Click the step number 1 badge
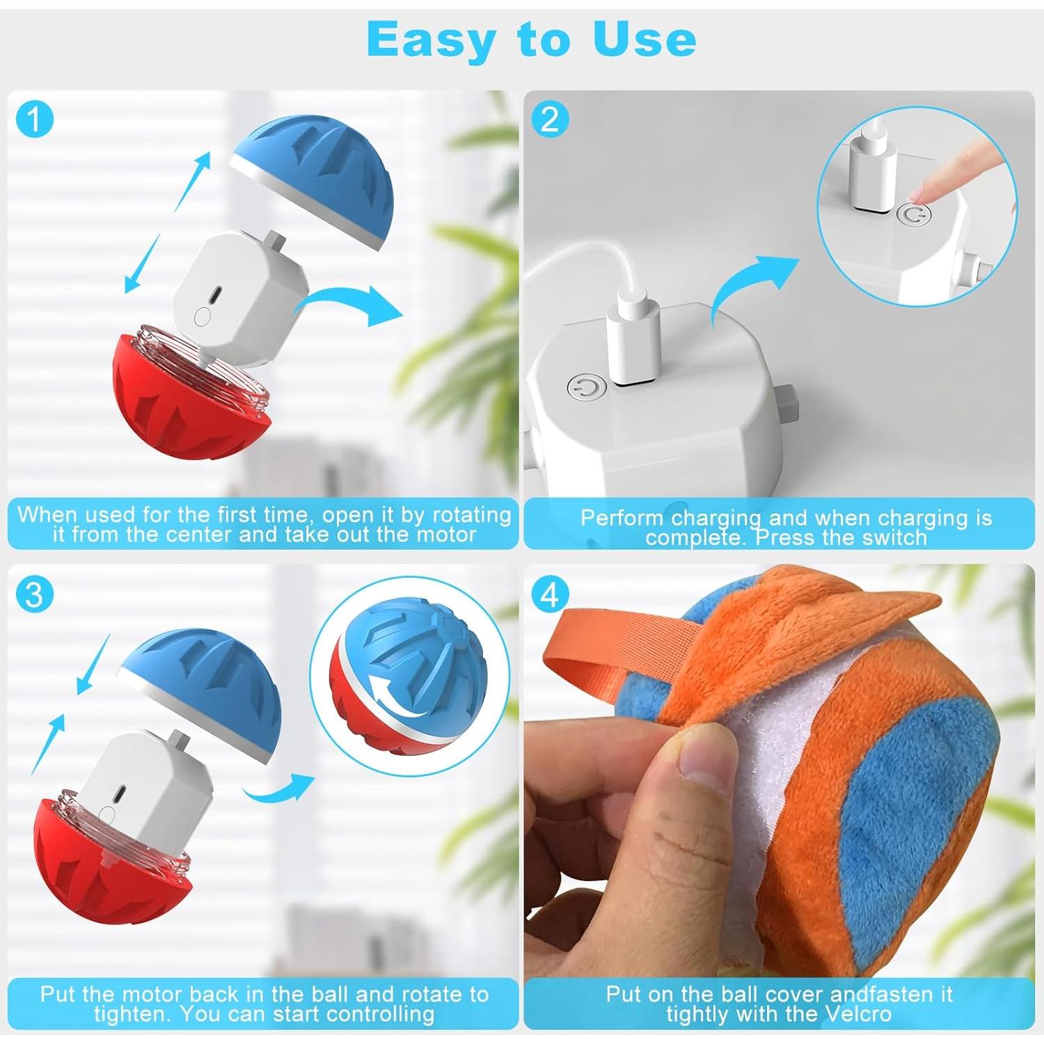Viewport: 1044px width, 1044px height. tap(34, 120)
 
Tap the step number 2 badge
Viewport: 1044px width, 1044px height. tap(550, 120)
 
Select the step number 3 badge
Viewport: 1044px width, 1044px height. tap(34, 595)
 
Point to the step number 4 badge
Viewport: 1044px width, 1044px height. tap(550, 595)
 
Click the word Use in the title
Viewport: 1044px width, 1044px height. tap(644, 40)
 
